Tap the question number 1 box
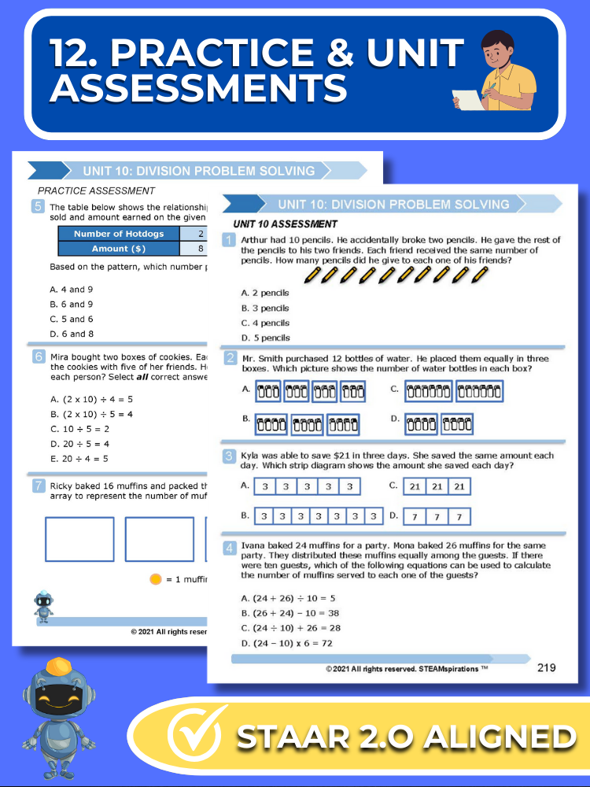229,240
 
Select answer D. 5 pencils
265,338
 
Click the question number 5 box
38,207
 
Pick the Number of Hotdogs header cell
119,234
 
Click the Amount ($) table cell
119,249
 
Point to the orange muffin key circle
155,580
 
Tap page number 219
546,667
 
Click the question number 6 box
38,357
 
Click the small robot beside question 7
43,606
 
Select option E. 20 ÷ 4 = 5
79,459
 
